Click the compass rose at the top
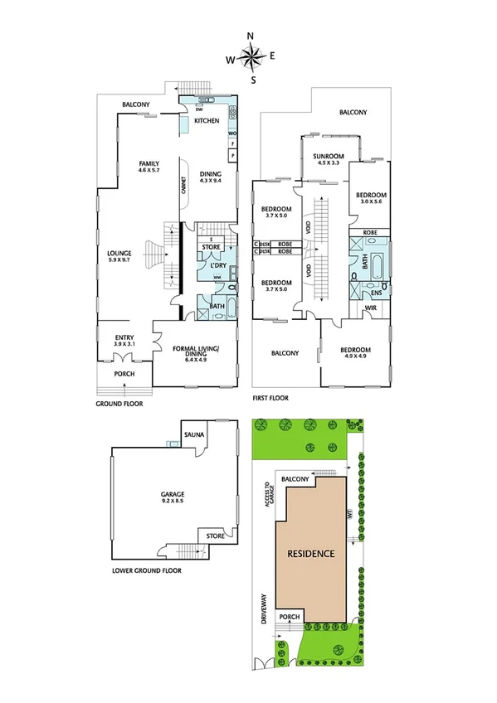point(251,56)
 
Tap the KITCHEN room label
point(207,121)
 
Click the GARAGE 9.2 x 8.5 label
point(173,498)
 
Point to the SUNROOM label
point(322,159)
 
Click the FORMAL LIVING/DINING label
point(195,354)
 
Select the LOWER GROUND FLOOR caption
point(146,570)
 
